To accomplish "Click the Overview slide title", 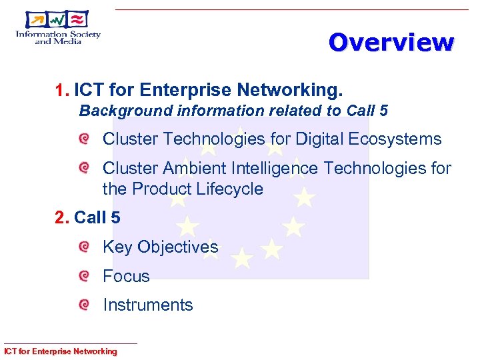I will (x=391, y=43).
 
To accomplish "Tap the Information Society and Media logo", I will (x=59, y=28).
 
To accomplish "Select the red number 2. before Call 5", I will (x=62, y=217).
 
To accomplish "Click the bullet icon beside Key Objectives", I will (x=83, y=247).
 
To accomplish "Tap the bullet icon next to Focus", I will (x=83, y=276).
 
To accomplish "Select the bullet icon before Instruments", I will (x=83, y=305).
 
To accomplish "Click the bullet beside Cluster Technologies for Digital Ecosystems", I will (x=83, y=139).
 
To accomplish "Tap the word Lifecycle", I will (x=229, y=189).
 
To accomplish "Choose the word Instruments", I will (x=147, y=305).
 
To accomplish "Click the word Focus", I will (x=126, y=276).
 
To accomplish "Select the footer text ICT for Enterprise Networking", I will (x=60, y=351).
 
